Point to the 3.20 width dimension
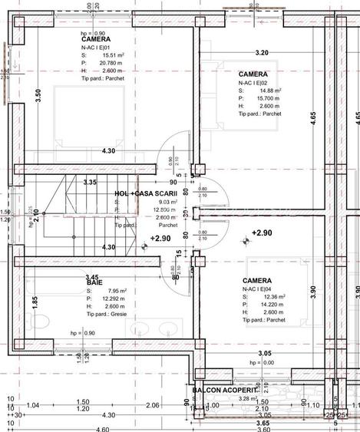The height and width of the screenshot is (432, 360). pyautogui.click(x=261, y=53)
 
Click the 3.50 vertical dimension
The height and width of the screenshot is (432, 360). pyautogui.click(x=38, y=96)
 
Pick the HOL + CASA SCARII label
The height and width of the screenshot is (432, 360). pyautogui.click(x=146, y=194)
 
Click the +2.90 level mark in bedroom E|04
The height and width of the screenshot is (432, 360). pyautogui.click(x=262, y=232)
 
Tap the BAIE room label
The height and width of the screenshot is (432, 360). pyautogui.click(x=94, y=283)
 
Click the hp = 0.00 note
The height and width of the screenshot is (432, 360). pyautogui.click(x=262, y=362)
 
